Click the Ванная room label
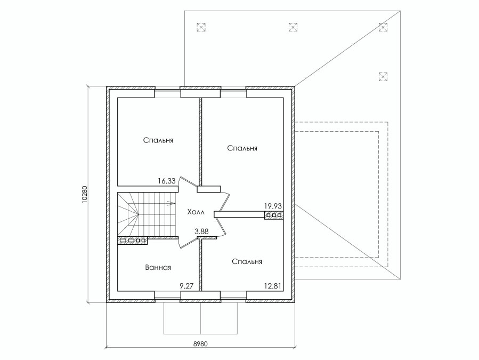pos(158,268)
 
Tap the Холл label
pos(196,212)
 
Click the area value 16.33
pos(167,181)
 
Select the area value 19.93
pos(273,206)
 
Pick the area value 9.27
pos(186,286)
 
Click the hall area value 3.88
pos(201,231)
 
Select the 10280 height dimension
pos(85,194)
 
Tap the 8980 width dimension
pos(200,344)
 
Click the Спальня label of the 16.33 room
pos(158,140)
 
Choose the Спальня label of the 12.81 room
pos(247,262)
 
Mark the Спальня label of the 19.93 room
pos(242,148)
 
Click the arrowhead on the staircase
pos(172,203)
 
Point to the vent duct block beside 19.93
pos(274,215)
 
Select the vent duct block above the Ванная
pos(133,241)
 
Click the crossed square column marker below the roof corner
pos(383,76)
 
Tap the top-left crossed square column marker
pos(201,27)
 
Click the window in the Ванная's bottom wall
pos(167,298)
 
